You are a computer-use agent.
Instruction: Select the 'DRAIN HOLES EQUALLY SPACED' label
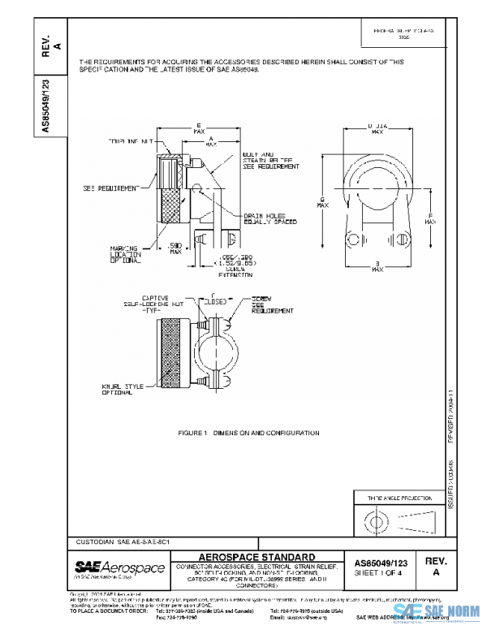(x=269, y=218)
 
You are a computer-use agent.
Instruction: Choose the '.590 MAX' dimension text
(x=174, y=247)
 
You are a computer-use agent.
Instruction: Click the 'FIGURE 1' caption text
(x=248, y=433)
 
